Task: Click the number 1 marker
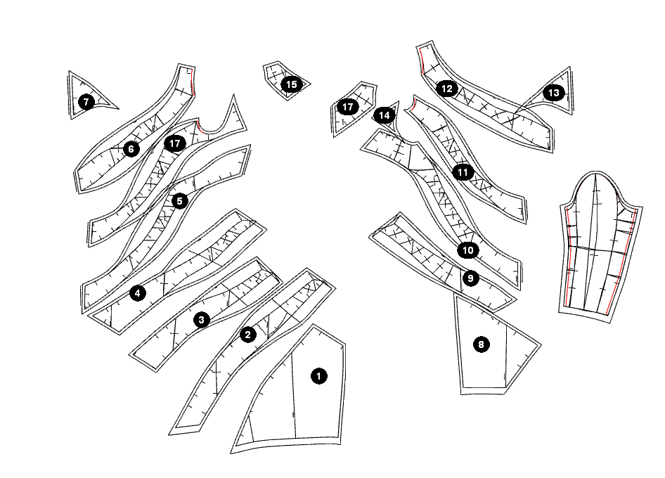pos(318,376)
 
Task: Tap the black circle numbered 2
pos(247,335)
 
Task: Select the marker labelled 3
pos(202,320)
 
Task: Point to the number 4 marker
pos(138,293)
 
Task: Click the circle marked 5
pos(179,201)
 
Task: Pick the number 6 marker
pos(131,149)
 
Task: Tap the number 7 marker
pos(86,102)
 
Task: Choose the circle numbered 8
pos(481,344)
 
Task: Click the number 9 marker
pos(470,278)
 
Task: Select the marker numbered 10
pos(469,250)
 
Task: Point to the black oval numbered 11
pos(463,172)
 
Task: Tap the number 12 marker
pos(447,89)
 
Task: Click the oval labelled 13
pos(553,93)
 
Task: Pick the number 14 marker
pos(384,115)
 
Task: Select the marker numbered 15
pos(291,84)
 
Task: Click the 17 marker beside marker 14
pos(348,107)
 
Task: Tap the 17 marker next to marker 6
pos(175,143)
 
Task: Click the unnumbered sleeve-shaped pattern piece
pos(600,246)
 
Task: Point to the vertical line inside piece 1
pos(293,394)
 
